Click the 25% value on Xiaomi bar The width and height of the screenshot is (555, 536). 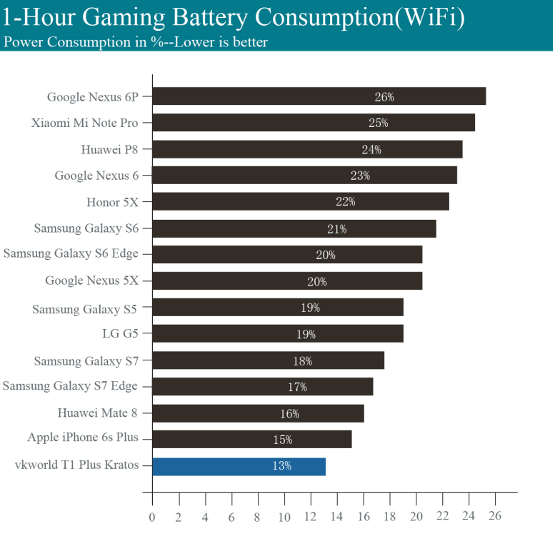[379, 123]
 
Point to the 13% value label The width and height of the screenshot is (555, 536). [281, 466]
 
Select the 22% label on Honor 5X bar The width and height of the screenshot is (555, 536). [346, 202]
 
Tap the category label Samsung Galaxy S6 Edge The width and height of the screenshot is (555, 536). [71, 253]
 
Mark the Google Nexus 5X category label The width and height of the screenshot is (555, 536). [91, 280]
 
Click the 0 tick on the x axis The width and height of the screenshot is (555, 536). [152, 517]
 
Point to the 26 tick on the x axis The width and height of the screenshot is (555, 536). [495, 517]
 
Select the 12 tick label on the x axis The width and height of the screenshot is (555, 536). [310, 517]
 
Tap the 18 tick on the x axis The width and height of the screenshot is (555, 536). [389, 517]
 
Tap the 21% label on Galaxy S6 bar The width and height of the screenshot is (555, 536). [337, 228]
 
